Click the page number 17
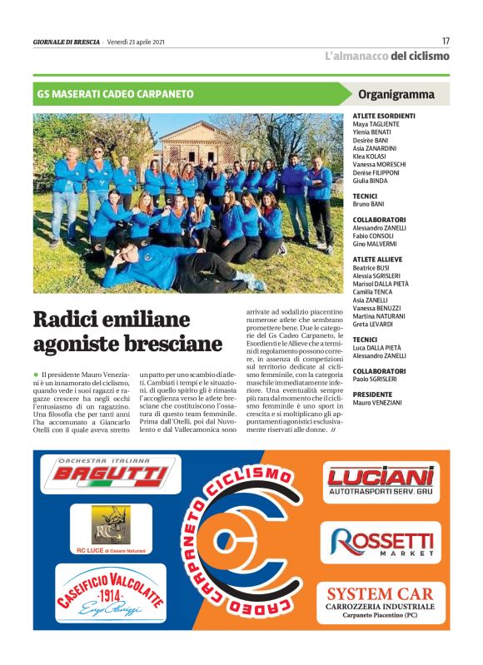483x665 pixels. click(446, 40)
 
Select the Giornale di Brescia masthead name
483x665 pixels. click(66, 42)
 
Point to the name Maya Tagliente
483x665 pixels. click(376, 123)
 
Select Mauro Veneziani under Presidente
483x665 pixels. click(381, 403)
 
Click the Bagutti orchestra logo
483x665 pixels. click(109, 474)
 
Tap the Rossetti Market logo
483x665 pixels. click(382, 542)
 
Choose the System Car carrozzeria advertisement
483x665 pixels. click(380, 602)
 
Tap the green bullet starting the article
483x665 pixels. click(37, 377)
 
